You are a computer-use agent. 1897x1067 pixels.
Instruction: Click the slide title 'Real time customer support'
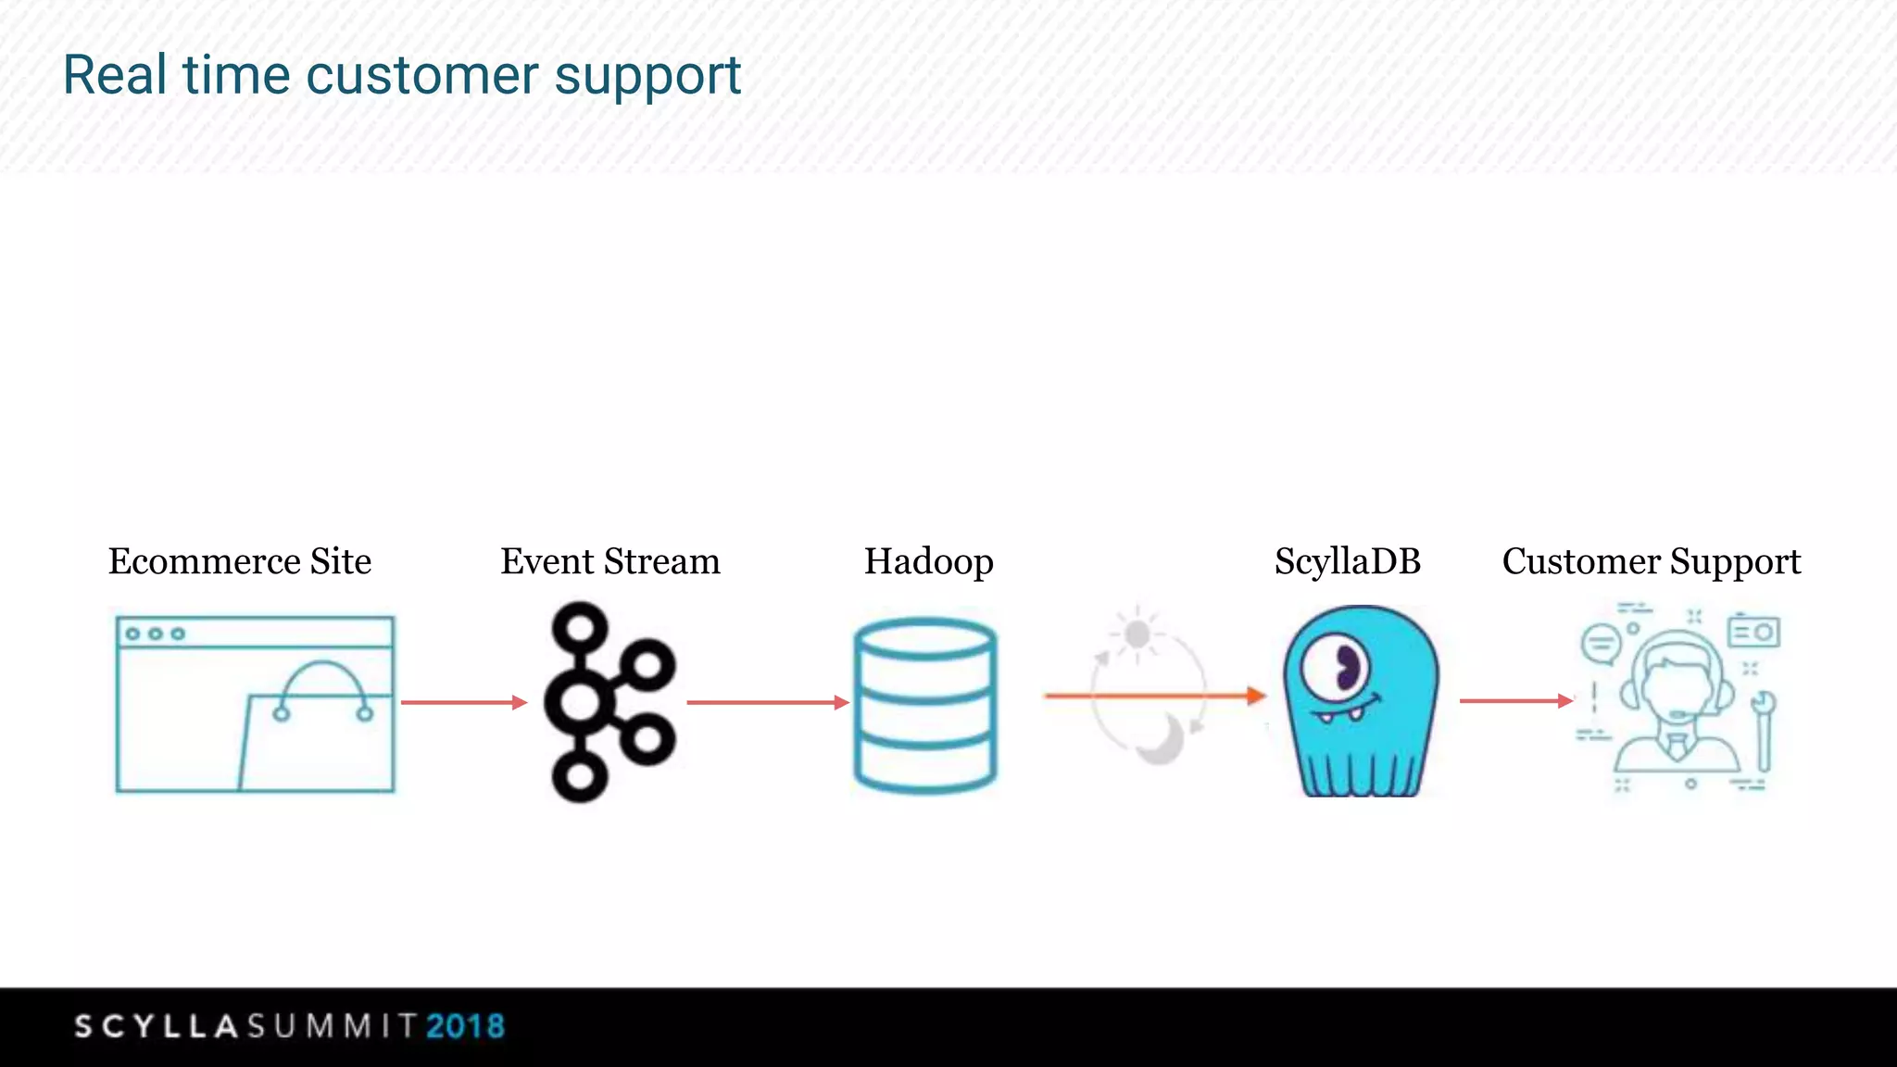click(401, 76)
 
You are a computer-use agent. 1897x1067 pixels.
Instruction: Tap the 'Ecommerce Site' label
click(240, 561)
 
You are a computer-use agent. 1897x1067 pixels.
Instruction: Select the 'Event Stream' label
click(609, 561)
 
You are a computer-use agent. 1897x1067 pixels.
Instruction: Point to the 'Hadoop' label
click(928, 561)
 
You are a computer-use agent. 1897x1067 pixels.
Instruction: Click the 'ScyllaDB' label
click(1347, 561)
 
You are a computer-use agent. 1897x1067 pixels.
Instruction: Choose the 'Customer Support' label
click(1651, 561)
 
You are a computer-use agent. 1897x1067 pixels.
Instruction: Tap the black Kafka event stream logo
click(607, 701)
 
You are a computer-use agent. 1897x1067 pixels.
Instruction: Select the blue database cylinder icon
click(924, 706)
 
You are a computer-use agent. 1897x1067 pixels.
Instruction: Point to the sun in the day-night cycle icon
click(1137, 634)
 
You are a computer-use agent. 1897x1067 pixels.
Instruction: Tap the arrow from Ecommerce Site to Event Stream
click(463, 702)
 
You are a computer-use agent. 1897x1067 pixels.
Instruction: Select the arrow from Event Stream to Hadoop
click(767, 702)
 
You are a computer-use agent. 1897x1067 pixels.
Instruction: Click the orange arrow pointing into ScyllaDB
click(1154, 695)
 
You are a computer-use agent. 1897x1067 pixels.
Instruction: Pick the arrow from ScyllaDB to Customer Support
click(1515, 700)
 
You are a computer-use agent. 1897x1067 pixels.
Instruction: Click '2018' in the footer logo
click(465, 1026)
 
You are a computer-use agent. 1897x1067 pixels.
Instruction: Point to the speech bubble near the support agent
click(1601, 643)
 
